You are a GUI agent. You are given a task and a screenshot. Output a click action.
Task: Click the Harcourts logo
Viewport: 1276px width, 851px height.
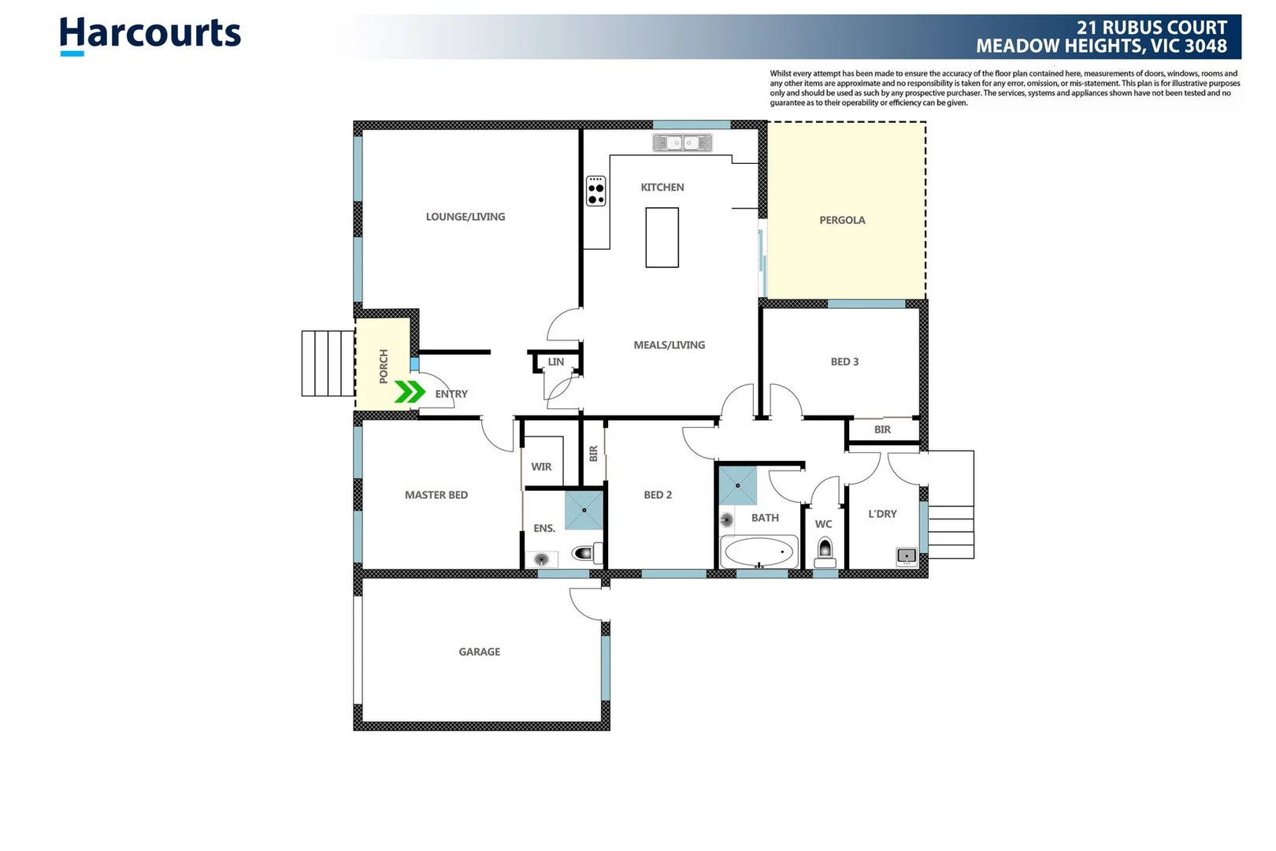coord(150,35)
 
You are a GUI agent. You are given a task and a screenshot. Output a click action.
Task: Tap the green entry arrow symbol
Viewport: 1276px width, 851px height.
coord(410,392)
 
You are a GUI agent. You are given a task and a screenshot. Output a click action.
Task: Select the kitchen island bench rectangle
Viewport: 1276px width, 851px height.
coord(662,237)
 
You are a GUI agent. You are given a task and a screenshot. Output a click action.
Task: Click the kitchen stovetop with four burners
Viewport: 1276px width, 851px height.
coord(596,191)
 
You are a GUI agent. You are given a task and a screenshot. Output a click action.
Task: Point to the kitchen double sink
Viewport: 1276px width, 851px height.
coord(682,143)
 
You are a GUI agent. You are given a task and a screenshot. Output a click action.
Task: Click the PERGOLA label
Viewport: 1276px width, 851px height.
coord(842,221)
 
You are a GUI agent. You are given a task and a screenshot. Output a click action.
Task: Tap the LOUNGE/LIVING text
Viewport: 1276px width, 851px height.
coord(466,217)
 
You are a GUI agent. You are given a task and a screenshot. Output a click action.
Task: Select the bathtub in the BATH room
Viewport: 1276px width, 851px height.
coord(759,552)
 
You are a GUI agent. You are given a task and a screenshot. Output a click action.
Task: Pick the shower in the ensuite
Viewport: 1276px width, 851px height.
coord(584,510)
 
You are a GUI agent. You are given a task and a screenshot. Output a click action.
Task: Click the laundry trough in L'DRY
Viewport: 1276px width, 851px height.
coord(907,556)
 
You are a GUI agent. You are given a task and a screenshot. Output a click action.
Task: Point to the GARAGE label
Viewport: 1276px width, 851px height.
coord(479,652)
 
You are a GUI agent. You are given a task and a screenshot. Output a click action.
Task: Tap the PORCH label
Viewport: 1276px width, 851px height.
coord(384,366)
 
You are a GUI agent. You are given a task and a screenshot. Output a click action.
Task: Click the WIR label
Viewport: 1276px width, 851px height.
coord(541,466)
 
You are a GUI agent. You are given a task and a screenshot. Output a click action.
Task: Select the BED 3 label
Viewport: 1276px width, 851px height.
coord(844,362)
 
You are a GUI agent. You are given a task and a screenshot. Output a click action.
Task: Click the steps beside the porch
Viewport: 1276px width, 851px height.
coord(328,363)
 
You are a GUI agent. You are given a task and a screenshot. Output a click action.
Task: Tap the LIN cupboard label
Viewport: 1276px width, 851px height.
coord(556,362)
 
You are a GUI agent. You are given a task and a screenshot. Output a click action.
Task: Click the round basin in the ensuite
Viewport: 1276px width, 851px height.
coord(542,559)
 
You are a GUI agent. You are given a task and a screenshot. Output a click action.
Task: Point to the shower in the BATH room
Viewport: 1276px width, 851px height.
coord(738,485)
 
